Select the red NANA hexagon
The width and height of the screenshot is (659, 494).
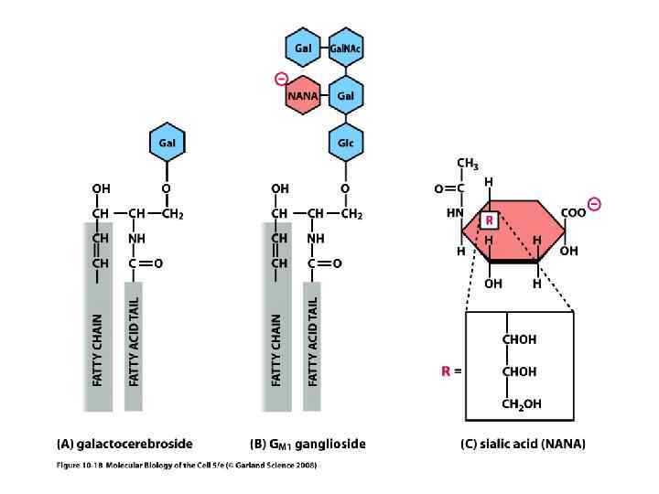pyautogui.click(x=302, y=95)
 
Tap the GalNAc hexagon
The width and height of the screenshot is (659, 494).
pyautogui.click(x=346, y=47)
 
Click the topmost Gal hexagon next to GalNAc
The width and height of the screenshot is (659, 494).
pyautogui.click(x=302, y=47)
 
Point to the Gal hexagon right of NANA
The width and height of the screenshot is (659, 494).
pyautogui.click(x=346, y=95)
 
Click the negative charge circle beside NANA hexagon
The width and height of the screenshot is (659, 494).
pyautogui.click(x=280, y=80)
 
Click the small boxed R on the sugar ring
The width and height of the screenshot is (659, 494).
pyautogui.click(x=490, y=220)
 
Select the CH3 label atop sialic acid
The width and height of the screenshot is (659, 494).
pyautogui.click(x=467, y=165)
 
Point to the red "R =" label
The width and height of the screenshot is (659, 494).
pyautogui.click(x=448, y=372)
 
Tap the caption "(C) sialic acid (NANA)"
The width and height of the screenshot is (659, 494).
pyautogui.click(x=524, y=445)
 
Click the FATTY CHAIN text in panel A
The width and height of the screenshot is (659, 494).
pyautogui.click(x=98, y=348)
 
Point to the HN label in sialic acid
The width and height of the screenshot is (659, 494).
pyautogui.click(x=453, y=212)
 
